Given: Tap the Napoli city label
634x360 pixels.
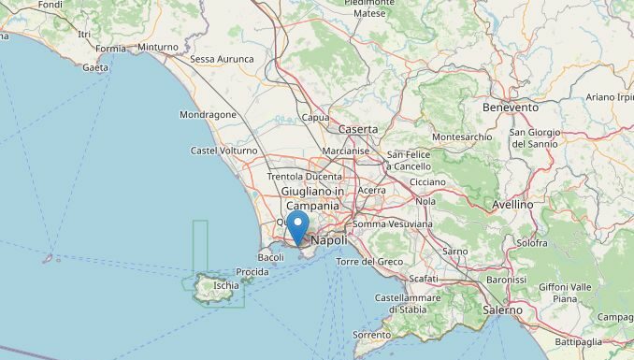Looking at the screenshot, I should tap(328, 240).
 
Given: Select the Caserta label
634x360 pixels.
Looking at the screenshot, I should tap(358, 129).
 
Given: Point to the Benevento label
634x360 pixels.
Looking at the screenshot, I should tap(511, 108).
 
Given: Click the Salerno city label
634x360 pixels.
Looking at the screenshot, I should tap(503, 309).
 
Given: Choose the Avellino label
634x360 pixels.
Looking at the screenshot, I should tap(512, 204).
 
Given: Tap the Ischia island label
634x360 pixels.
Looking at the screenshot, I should tap(225, 285).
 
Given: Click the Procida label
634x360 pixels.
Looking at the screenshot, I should tap(252, 272).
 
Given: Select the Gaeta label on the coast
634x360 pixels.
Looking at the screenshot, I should tap(95, 67).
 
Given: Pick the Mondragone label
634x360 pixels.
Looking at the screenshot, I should tap(208, 115).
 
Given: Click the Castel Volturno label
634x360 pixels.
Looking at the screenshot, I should tap(223, 151).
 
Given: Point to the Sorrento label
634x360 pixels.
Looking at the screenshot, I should tap(371, 334).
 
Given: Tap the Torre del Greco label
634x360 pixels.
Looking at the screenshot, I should tap(369, 261).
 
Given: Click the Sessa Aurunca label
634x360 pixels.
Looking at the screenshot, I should tap(222, 59).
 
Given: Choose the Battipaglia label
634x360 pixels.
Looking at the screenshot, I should tap(578, 341).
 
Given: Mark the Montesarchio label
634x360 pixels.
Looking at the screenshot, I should tap(462, 137).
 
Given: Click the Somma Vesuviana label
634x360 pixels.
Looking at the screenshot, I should tap(393, 224).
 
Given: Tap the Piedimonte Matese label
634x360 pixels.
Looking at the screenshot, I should tap(369, 8).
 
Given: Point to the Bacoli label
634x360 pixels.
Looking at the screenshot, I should tap(270, 257).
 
